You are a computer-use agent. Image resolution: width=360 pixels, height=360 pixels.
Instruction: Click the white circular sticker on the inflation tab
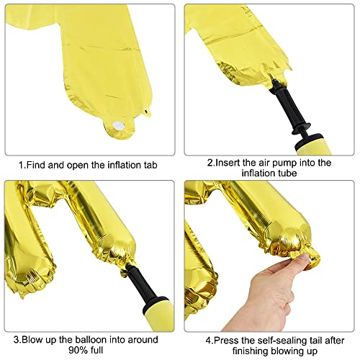[x=118, y=125]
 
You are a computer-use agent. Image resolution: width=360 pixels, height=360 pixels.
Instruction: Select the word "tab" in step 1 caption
[x=150, y=165]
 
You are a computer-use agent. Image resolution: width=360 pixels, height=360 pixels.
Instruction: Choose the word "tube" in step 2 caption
[x=287, y=173]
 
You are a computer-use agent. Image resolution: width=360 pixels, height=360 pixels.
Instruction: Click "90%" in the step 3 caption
[x=77, y=350]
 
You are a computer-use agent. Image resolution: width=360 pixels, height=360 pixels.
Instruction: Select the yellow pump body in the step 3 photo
[x=158, y=314]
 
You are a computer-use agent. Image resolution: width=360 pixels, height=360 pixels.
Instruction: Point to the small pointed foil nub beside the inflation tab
[x=147, y=112]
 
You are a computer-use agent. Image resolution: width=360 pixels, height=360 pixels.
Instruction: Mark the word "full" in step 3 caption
[x=96, y=350]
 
